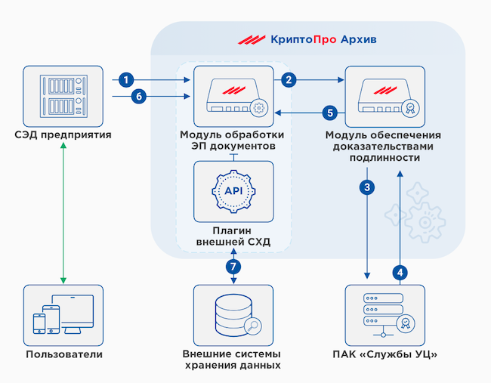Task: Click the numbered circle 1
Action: coord(127,79)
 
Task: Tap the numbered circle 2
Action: coord(288,79)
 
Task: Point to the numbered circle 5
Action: coord(329,113)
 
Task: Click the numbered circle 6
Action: coord(137,96)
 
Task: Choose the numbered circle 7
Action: coord(233,267)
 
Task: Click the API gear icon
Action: coord(233,190)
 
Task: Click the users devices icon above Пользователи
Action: coord(62,314)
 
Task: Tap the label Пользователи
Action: coord(63,354)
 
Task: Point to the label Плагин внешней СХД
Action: coord(233,236)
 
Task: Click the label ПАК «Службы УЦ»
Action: coord(384,354)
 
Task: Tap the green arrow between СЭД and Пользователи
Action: coord(63,211)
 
